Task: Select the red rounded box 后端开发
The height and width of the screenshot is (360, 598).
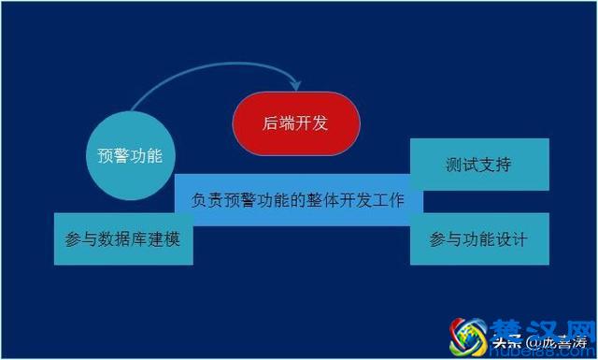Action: [x=296, y=122]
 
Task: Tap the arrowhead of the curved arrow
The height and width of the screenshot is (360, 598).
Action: [x=296, y=85]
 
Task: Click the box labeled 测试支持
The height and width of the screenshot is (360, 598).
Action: [x=478, y=165]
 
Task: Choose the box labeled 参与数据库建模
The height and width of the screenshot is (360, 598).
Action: [x=123, y=238]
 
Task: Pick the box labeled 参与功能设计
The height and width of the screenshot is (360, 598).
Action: [x=478, y=238]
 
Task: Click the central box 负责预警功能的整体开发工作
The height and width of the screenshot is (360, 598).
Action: [x=298, y=200]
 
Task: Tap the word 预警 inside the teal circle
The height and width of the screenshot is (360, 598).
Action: [x=115, y=155]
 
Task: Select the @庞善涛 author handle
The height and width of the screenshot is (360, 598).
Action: [x=557, y=344]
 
